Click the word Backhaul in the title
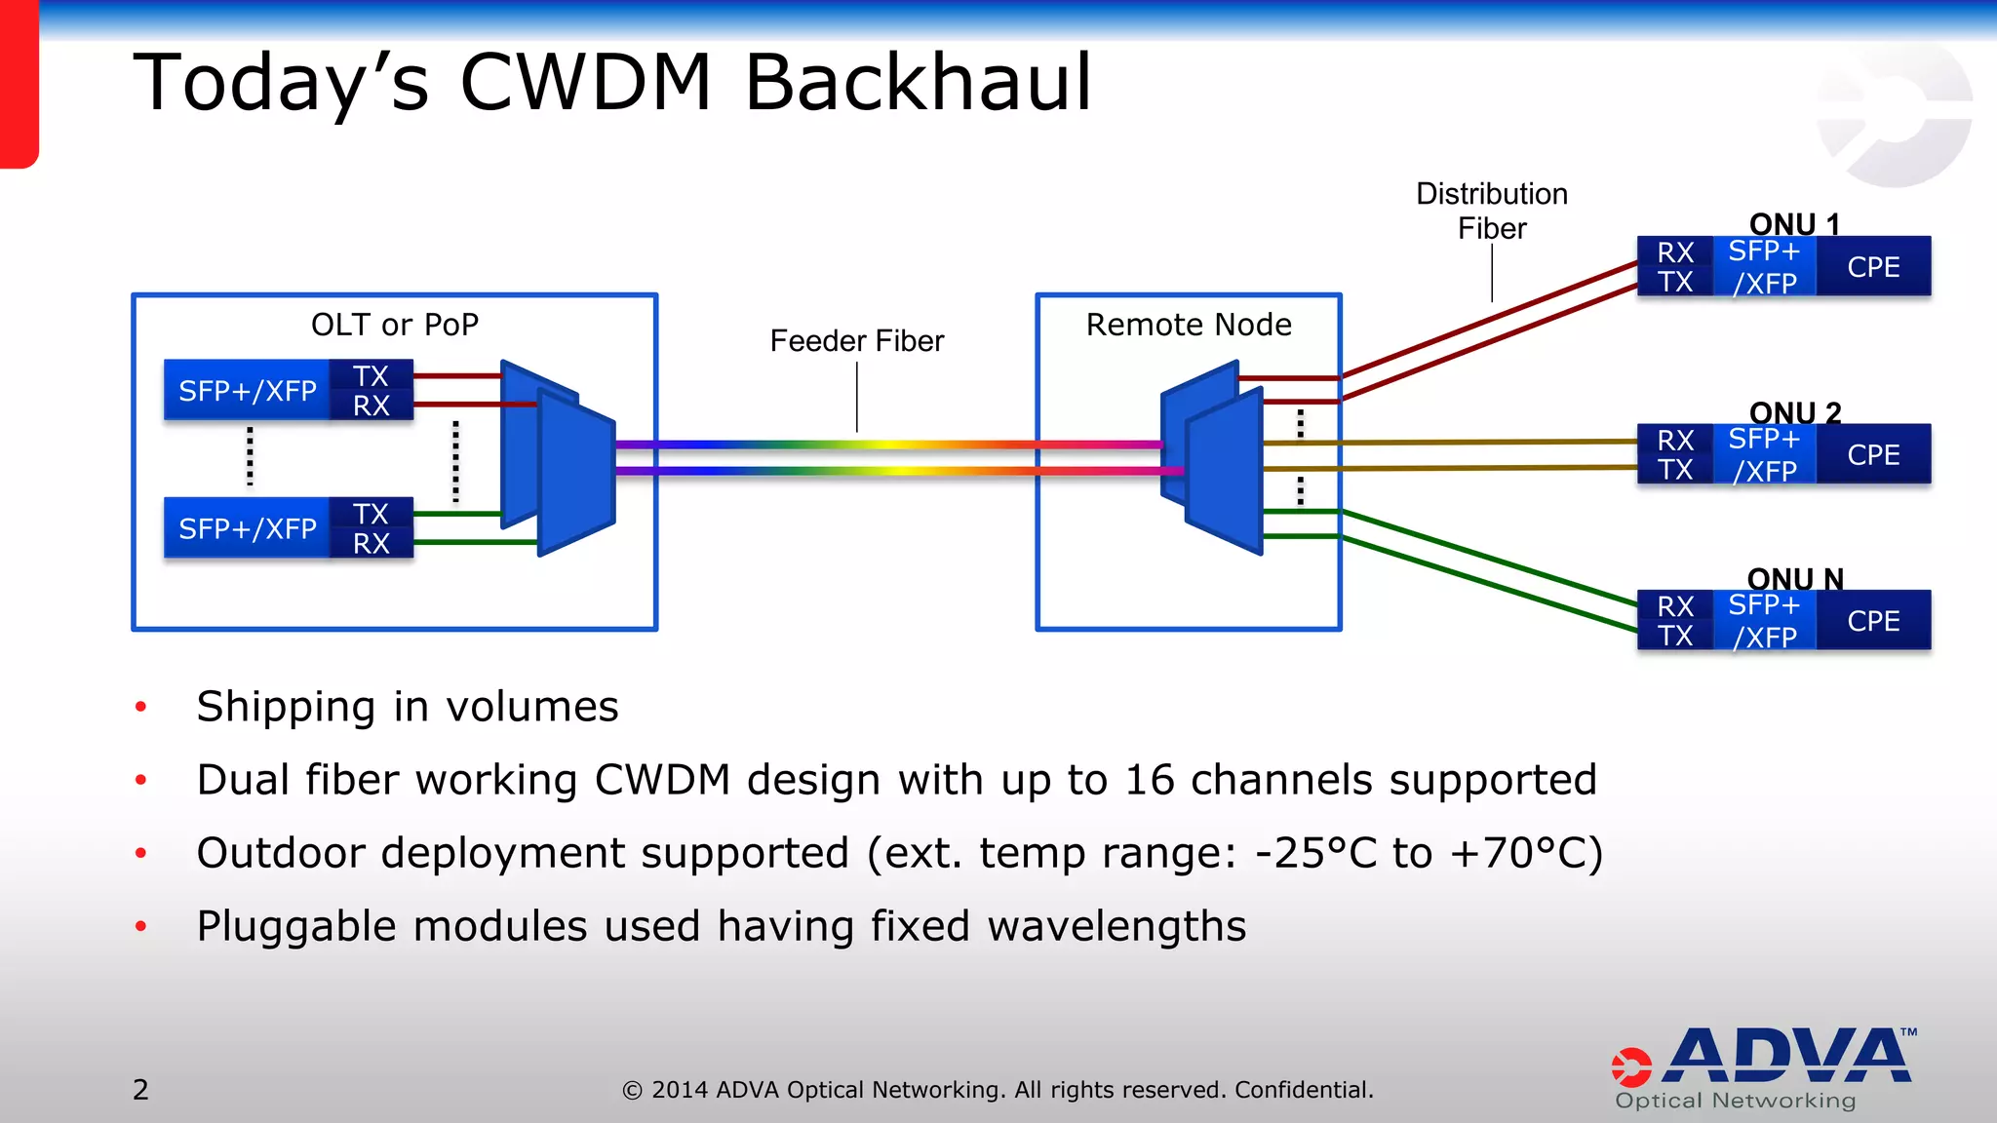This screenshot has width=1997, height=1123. tap(918, 83)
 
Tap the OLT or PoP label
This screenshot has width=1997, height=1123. tap(394, 325)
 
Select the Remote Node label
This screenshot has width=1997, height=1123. tap(1189, 325)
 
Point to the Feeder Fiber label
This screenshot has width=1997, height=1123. tap(856, 341)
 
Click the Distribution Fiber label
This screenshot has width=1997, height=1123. tap(1491, 211)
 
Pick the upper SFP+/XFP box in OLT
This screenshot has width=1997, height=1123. tap(248, 391)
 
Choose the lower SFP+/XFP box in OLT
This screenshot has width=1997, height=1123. tap(248, 528)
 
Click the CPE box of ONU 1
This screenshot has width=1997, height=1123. tap(1873, 267)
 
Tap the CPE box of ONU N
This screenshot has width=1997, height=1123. tap(1873, 621)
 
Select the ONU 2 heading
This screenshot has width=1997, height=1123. tap(1794, 412)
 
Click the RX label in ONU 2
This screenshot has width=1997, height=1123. tap(1675, 441)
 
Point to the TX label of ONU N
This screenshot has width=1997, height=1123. tap(1675, 637)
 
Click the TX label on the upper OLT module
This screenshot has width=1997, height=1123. tap(371, 376)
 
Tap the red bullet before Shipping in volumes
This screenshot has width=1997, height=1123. tap(141, 707)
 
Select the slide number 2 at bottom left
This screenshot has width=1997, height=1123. tap(140, 1089)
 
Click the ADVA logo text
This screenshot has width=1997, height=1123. tap(1789, 1057)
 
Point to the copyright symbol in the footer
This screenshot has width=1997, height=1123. tap(632, 1091)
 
